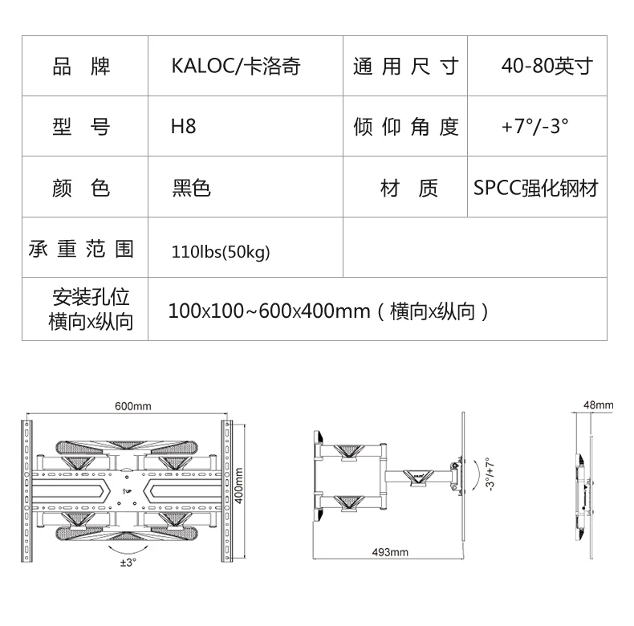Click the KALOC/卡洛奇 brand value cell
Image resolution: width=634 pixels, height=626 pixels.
tap(236, 66)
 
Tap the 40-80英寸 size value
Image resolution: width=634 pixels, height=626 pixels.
tap(546, 66)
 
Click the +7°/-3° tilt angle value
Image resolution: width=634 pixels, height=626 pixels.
tap(534, 127)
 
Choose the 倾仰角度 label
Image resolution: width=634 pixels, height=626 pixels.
tap(405, 127)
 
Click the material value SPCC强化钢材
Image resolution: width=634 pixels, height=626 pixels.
tap(535, 189)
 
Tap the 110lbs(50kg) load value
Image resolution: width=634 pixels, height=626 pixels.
tap(221, 252)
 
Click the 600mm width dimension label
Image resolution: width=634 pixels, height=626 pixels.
tap(132, 407)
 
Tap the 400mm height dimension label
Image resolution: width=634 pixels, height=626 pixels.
tap(240, 482)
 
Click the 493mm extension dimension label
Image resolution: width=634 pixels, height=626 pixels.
tap(390, 553)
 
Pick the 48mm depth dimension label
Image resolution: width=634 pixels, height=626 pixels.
tap(599, 405)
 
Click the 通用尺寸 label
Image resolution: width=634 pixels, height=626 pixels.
tap(405, 66)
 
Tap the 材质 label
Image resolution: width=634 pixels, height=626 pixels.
tap(408, 189)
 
